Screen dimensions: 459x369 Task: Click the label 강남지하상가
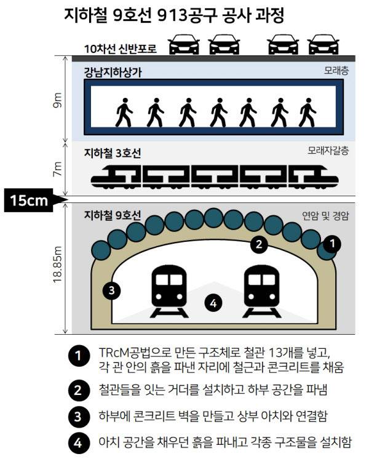(x=113, y=72)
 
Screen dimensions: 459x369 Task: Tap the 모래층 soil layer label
(x=336, y=71)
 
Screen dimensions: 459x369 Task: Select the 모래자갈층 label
(x=328, y=150)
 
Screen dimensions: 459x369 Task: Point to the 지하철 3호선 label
(x=114, y=152)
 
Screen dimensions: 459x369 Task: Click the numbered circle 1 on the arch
(x=332, y=244)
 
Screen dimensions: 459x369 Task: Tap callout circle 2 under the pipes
(x=260, y=244)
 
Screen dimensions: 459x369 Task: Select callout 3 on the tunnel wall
(x=111, y=290)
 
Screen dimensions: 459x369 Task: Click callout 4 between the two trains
(x=213, y=303)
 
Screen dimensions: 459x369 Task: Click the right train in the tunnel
(x=262, y=289)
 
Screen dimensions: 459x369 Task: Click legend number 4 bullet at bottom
(x=78, y=442)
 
